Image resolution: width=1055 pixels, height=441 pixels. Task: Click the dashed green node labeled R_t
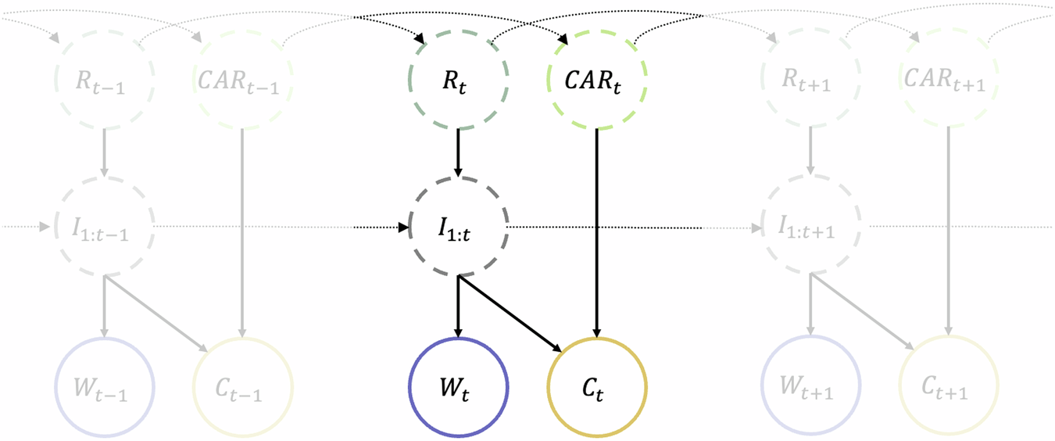tap(458, 79)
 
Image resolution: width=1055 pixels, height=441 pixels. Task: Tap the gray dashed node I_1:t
tap(458, 228)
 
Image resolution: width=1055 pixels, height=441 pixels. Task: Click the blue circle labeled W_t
tap(458, 388)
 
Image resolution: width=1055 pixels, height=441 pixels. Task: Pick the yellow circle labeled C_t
tap(597, 388)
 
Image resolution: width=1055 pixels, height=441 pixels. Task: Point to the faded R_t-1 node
tap(105, 79)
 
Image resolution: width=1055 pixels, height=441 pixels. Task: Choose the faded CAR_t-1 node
tap(243, 79)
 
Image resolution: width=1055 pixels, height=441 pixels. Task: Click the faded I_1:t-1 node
tap(105, 228)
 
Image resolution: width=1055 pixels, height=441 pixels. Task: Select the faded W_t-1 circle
tap(105, 388)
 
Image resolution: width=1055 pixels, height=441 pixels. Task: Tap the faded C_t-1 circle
tap(243, 388)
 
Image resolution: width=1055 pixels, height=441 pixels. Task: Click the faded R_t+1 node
tap(810, 79)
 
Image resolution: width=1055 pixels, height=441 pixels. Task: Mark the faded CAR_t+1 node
tap(949, 79)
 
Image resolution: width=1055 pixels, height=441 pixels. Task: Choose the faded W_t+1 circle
tap(810, 388)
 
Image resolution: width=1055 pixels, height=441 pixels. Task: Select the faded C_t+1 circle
tap(949, 388)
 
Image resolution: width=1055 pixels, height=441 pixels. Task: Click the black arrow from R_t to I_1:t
tap(458, 152)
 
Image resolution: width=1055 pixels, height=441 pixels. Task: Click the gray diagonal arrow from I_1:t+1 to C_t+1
tap(864, 313)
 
